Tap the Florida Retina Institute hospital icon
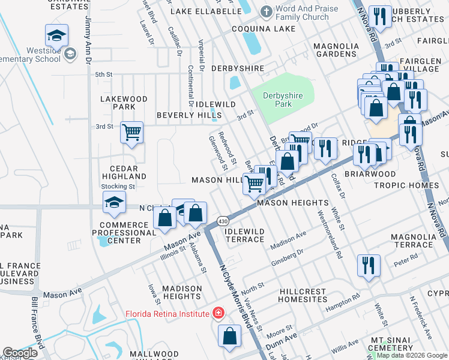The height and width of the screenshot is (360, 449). (218, 313)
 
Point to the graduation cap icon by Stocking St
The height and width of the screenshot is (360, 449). (113, 202)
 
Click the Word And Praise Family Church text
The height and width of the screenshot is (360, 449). (304, 13)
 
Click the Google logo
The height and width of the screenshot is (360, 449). (20, 353)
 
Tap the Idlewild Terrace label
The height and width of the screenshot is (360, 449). (244, 235)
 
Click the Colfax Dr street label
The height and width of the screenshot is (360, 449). (339, 187)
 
